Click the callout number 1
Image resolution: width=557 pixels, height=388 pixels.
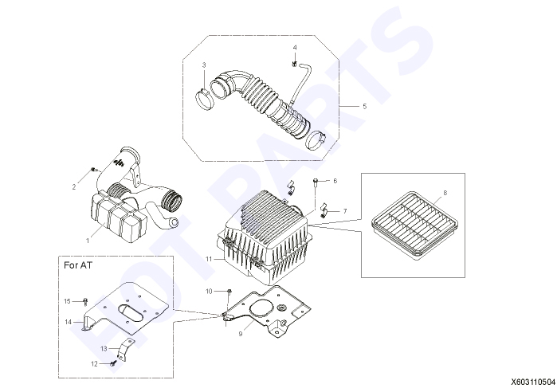tap(88, 241)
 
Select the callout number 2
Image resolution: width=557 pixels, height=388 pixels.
tap(74, 187)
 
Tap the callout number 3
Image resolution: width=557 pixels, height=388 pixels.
tap(204, 65)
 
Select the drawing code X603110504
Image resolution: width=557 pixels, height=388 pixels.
tap(532, 382)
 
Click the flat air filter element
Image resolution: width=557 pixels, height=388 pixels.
tap(414, 224)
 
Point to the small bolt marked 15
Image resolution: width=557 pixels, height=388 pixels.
tap(85, 302)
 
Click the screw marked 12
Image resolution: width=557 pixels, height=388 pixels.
tap(113, 363)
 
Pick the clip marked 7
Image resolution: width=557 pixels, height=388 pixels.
tap(324, 210)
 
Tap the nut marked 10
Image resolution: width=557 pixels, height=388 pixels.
tap(229, 292)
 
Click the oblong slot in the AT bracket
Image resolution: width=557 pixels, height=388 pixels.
tap(131, 312)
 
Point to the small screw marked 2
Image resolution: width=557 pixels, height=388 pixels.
tap(95, 170)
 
